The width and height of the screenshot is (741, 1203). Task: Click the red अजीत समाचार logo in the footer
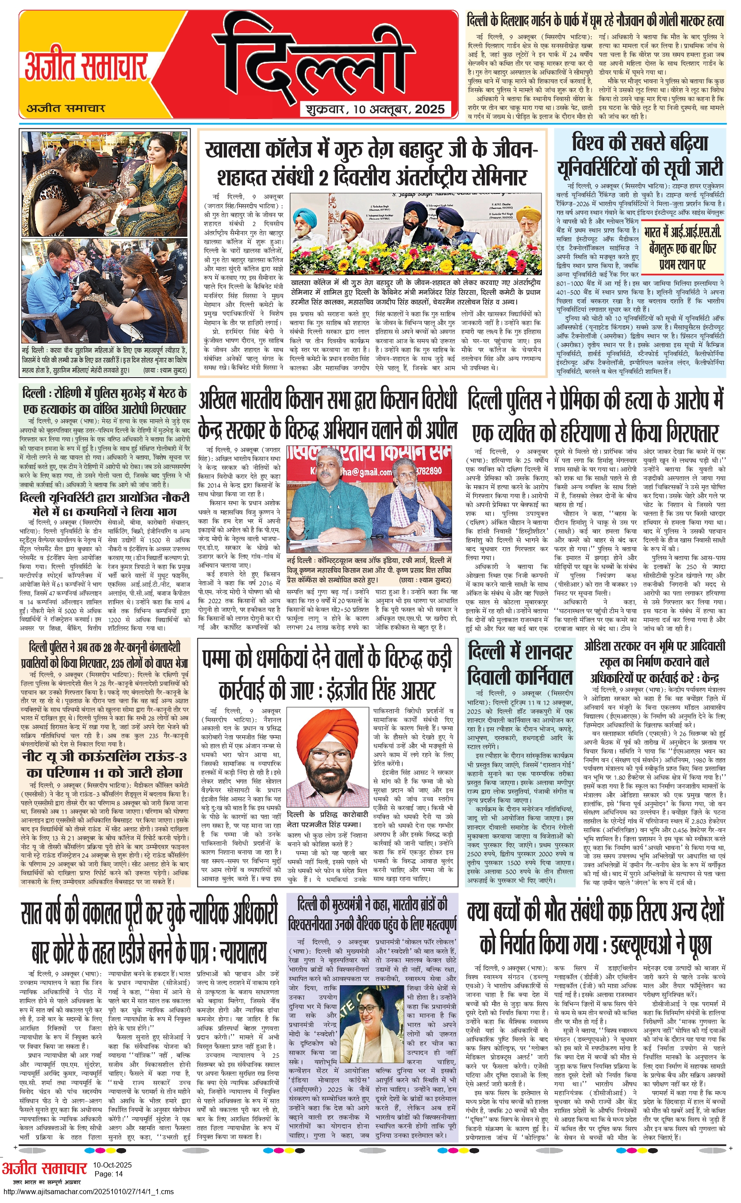click(44, 1168)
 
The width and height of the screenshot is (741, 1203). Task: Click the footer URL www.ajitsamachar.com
click(88, 1192)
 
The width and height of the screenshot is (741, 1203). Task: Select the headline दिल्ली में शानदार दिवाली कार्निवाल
click(520, 664)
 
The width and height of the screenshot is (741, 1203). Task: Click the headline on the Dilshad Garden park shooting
click(595, 21)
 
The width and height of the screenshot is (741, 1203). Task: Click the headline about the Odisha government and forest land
click(654, 662)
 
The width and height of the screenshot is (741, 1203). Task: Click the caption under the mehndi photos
click(104, 360)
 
